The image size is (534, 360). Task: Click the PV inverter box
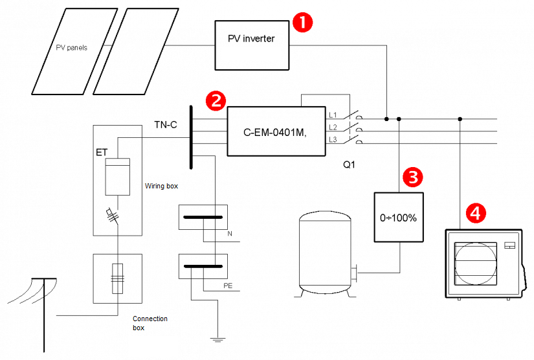point(251,44)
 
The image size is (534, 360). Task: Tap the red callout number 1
point(302,22)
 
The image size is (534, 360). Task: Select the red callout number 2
point(215,100)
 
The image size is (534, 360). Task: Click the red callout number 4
point(476,212)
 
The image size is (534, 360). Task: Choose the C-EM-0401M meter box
point(276,131)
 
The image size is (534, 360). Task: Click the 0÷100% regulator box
point(398,217)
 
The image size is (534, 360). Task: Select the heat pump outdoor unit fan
point(476,264)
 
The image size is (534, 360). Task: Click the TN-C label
point(165,124)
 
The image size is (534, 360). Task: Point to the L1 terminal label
point(333,115)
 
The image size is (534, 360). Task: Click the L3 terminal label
point(333,139)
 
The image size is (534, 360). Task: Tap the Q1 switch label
point(350,164)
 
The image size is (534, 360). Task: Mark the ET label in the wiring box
point(102,153)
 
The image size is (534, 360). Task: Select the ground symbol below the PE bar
point(217,339)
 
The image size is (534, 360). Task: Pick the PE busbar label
point(228,284)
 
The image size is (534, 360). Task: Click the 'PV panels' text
point(71,48)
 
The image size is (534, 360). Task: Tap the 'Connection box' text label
point(150,323)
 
